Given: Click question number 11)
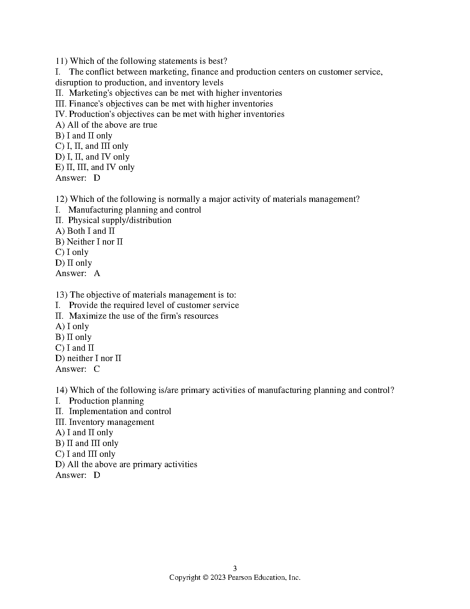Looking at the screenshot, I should [x=61, y=61].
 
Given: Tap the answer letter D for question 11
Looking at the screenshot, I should [x=97, y=178].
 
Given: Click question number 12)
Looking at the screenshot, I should [x=61, y=199].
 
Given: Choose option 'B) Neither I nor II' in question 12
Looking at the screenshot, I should [x=89, y=242].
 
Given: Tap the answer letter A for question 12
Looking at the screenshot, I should [x=97, y=273].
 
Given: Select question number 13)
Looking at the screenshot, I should [x=61, y=295].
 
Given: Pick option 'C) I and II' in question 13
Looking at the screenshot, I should [x=75, y=348].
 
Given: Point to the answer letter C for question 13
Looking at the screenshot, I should [x=97, y=369].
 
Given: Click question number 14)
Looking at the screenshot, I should [x=61, y=390].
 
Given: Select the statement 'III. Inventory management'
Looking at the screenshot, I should [x=105, y=422].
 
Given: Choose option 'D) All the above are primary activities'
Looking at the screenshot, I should [x=126, y=464].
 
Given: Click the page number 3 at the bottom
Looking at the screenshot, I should [x=235, y=569].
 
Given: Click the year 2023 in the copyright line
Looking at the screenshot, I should [x=218, y=577].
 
